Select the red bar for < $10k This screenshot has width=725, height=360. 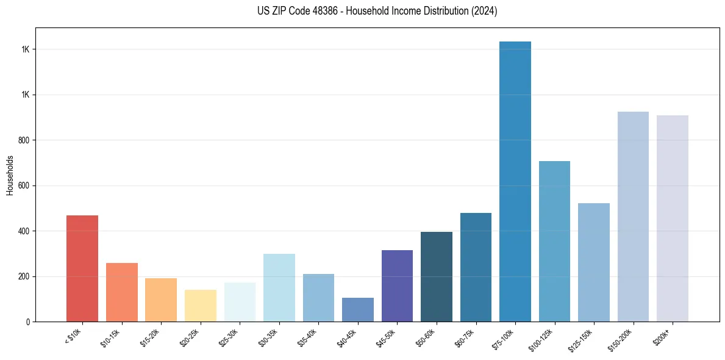[82, 268]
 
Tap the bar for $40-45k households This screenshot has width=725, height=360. [358, 310]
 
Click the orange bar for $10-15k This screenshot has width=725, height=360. [122, 292]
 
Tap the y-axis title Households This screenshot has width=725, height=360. [10, 175]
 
